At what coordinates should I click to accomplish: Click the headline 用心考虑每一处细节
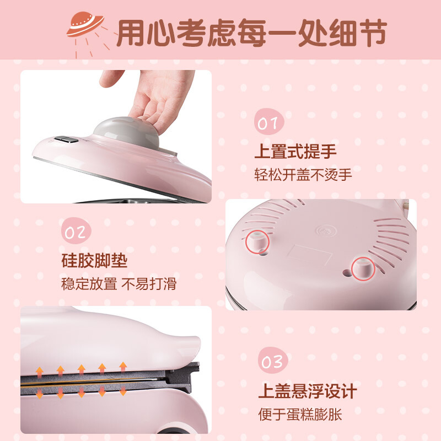tap(252, 33)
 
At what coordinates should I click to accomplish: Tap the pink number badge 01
tap(269, 122)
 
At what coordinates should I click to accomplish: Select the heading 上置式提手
tap(295, 151)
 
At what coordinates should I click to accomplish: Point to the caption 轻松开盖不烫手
tap(303, 175)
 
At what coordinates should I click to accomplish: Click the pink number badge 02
tap(76, 231)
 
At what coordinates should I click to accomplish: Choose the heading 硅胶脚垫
tap(94, 261)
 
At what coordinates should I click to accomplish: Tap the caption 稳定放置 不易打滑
tap(119, 284)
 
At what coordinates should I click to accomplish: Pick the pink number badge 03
tap(273, 361)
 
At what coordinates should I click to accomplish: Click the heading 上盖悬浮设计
tap(308, 391)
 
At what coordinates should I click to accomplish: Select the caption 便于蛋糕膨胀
tap(300, 415)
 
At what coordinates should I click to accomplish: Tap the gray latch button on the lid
tap(66, 139)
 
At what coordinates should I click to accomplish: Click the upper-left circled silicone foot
tap(257, 242)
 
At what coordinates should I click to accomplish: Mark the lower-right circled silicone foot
tap(363, 268)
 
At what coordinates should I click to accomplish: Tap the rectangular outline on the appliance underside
tap(309, 255)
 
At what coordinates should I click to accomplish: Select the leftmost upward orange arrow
tap(40, 372)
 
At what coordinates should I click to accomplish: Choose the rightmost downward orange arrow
tap(123, 391)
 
